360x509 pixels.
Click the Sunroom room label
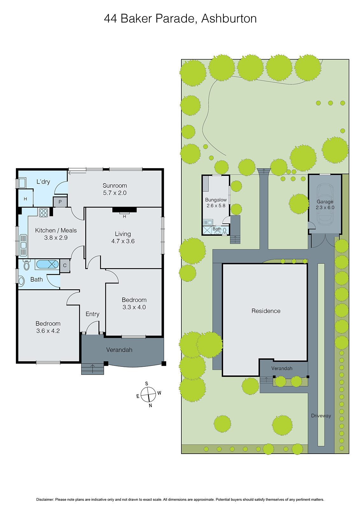point(115,185)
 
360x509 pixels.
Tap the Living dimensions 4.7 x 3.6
point(123,241)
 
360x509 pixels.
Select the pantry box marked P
point(60,202)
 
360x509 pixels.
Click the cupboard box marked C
point(65,266)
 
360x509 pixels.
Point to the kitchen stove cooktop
point(43,213)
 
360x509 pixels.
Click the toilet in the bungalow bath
point(225,230)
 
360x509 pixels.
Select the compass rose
point(148,394)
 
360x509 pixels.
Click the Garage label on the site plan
point(325,202)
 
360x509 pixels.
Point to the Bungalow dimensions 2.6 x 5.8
point(216,206)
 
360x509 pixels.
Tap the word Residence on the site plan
point(266,311)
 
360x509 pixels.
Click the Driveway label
point(321,415)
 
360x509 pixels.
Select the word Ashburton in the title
point(229,18)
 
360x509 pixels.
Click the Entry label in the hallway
point(92,314)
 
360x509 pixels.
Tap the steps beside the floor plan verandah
point(93,369)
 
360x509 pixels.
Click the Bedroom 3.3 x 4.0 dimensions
point(134,307)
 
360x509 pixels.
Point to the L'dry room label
point(43,182)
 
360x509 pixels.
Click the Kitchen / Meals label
point(56,230)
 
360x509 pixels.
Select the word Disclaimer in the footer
point(45,499)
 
